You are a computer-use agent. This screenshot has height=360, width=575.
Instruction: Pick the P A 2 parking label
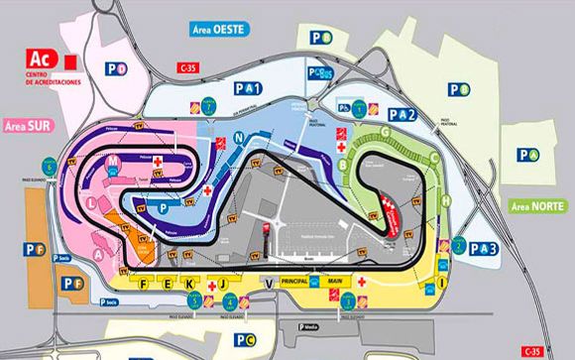click(402, 114)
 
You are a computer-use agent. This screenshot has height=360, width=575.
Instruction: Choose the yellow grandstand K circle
click(188, 283)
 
